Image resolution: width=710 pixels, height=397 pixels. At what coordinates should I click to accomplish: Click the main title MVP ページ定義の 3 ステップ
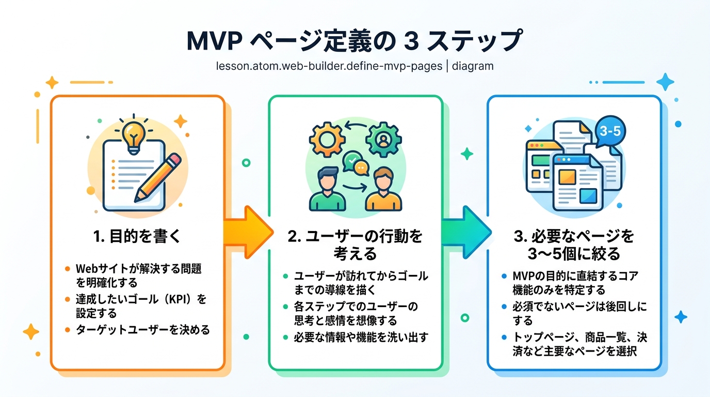pyautogui.click(x=354, y=41)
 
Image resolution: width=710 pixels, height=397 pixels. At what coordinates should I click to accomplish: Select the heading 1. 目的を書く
pyautogui.click(x=137, y=237)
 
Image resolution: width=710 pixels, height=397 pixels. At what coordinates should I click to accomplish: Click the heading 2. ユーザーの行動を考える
pyautogui.click(x=355, y=245)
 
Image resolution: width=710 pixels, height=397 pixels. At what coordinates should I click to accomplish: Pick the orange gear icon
pyautogui.click(x=327, y=139)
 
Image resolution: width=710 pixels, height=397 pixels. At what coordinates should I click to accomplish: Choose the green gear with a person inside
pyautogui.click(x=383, y=139)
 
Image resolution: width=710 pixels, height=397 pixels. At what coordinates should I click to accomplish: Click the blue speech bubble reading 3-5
pyautogui.click(x=610, y=131)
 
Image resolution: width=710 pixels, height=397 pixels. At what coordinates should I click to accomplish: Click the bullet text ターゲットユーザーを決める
pyautogui.click(x=143, y=330)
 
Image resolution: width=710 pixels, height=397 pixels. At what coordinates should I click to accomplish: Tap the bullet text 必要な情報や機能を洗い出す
pyautogui.click(x=361, y=337)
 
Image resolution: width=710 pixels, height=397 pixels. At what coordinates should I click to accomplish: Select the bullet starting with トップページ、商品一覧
pyautogui.click(x=579, y=344)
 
